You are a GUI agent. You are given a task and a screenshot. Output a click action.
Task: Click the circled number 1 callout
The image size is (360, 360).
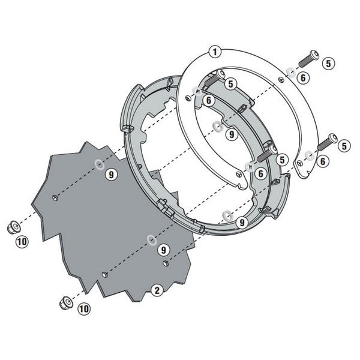(x=215, y=52)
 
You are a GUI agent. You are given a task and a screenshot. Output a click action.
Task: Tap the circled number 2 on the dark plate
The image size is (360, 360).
(x=157, y=290)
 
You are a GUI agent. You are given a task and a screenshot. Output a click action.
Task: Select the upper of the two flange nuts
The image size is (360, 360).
(x=14, y=227)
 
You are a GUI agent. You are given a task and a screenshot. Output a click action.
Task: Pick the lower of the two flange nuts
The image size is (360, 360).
(x=66, y=302)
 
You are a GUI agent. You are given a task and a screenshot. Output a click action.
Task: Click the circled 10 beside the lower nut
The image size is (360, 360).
(x=84, y=308)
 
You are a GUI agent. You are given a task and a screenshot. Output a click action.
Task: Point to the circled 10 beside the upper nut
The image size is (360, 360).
(x=22, y=242)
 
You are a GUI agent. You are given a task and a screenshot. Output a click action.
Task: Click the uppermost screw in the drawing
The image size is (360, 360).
(x=309, y=59)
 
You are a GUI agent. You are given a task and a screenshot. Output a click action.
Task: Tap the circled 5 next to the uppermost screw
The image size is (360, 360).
(x=329, y=64)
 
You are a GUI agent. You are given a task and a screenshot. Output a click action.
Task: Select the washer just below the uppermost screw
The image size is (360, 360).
(x=292, y=73)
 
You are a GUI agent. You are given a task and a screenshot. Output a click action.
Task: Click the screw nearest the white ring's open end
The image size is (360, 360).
(x=327, y=142)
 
